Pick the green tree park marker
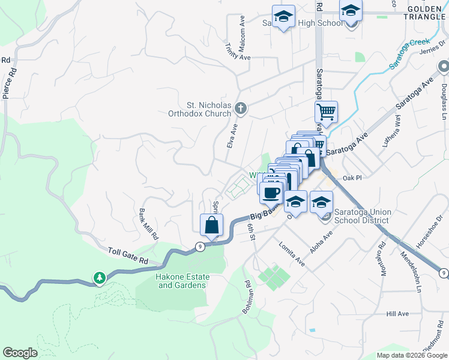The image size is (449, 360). (x=100, y=278)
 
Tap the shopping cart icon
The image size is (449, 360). (x=326, y=112)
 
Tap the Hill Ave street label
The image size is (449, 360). (x=397, y=314)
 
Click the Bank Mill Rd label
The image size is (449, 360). (x=148, y=224)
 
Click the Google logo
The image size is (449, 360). (x=20, y=353)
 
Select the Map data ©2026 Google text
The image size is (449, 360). (x=411, y=355)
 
